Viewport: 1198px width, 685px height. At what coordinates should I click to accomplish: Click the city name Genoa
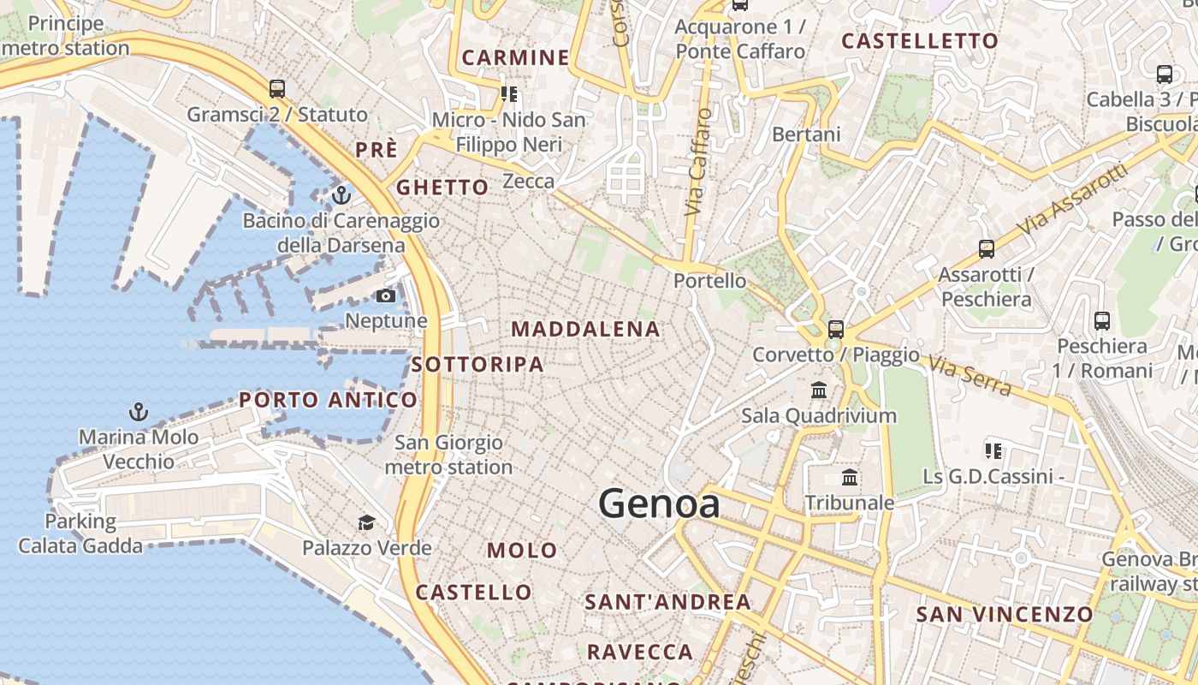coord(659,503)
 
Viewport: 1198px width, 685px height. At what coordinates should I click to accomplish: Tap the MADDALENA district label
coord(585,329)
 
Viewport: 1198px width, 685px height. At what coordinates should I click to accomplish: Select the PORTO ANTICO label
coord(328,400)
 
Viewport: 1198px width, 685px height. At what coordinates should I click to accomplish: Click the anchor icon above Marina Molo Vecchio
coord(138,413)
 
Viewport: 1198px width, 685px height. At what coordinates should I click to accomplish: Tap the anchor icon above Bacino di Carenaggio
coord(341,196)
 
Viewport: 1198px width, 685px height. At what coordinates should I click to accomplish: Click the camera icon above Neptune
coord(386,296)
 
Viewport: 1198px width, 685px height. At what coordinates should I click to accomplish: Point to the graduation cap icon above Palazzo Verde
coord(366,522)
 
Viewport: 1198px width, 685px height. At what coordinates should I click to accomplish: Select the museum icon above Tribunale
coord(850,478)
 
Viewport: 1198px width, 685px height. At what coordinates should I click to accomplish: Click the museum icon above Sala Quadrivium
coord(819,390)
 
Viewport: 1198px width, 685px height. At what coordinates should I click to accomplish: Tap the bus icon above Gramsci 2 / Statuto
coord(276,88)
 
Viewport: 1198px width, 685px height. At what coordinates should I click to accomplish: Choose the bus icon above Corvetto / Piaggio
coord(835,329)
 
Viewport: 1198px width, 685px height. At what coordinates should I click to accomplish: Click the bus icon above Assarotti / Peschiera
coord(987,249)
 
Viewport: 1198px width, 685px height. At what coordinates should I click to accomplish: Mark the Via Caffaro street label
coord(698,162)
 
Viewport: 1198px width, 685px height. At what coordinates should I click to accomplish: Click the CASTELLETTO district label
coord(920,41)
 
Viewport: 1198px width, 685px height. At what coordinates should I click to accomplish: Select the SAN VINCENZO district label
coord(1005,614)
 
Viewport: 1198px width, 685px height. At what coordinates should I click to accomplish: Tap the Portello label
coord(709,281)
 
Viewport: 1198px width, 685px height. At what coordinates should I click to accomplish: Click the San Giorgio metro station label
coord(448,456)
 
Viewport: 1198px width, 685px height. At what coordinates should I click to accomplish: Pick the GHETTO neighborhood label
coord(442,188)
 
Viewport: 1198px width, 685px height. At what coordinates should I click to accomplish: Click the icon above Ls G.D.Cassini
coord(993,450)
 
